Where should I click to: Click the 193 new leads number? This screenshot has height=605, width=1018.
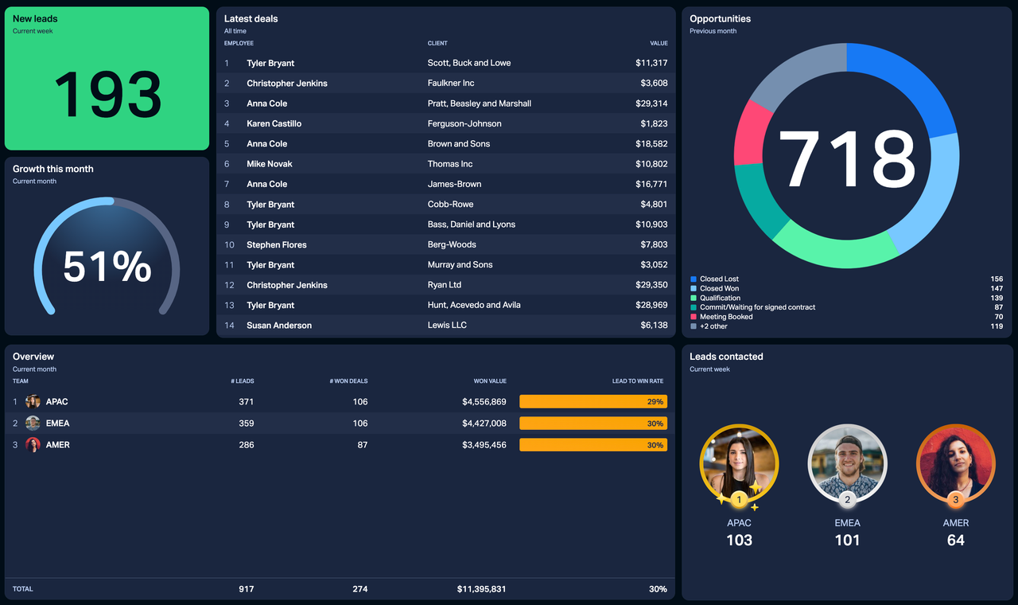(x=107, y=94)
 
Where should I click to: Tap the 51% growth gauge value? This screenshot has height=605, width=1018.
(x=107, y=267)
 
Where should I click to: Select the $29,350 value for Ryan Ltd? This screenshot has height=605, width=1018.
(x=651, y=285)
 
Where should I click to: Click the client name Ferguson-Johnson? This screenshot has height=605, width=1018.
(x=464, y=123)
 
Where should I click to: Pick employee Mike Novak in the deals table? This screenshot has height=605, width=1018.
(x=270, y=164)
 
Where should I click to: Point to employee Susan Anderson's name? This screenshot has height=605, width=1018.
(x=279, y=326)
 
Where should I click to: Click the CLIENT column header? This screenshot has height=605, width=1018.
(x=437, y=43)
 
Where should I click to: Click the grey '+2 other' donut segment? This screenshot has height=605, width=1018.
(x=795, y=72)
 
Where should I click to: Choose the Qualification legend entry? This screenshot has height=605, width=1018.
(x=720, y=298)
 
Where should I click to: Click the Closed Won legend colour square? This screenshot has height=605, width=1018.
(x=694, y=288)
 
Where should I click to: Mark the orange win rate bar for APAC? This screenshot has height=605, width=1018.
(x=593, y=402)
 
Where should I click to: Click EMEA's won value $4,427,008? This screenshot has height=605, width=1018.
(x=484, y=423)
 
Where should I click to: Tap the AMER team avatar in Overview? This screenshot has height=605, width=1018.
(x=33, y=445)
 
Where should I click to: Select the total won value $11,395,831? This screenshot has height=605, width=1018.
(x=481, y=589)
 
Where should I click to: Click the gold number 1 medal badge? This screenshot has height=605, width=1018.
(x=739, y=500)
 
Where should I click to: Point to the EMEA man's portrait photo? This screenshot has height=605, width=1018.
(x=847, y=462)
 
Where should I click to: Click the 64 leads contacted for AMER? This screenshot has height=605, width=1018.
(x=955, y=541)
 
